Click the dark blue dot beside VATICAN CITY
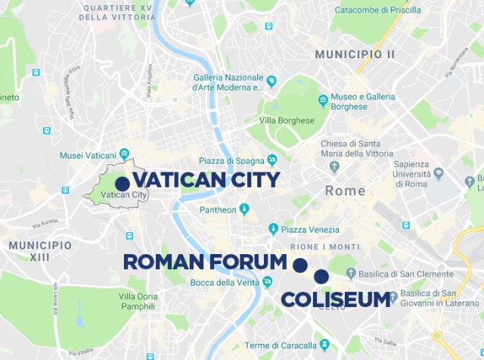point(122,183)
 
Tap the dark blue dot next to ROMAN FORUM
point(299,265)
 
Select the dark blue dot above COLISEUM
point(321,276)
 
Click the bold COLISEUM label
point(336,299)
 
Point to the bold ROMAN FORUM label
point(205,262)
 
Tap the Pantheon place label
point(208,209)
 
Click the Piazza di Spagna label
point(231,160)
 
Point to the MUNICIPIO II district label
point(355,54)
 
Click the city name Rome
point(345,191)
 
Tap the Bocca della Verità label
point(225,283)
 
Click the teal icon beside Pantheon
point(244,209)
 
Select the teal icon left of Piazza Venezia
point(273,230)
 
